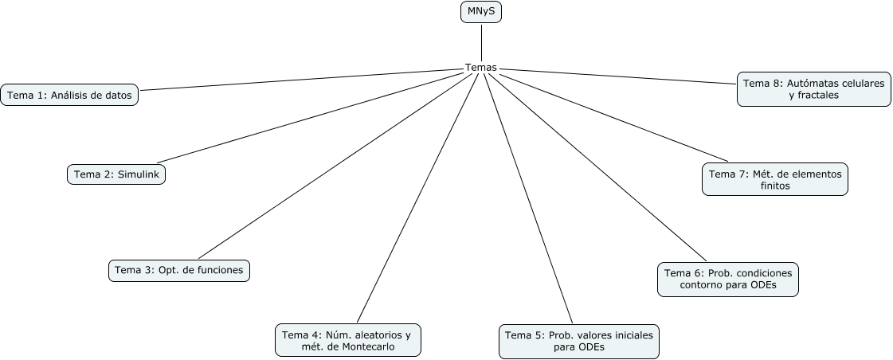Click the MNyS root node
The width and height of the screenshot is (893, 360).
(481, 13)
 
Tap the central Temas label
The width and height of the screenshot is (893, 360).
(481, 68)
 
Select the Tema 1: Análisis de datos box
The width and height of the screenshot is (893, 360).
(69, 95)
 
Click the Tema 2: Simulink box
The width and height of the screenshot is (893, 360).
(116, 174)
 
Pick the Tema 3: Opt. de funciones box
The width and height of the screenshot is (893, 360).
(179, 270)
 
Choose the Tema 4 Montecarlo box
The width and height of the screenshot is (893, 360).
(347, 340)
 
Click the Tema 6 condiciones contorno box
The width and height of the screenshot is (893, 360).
(728, 279)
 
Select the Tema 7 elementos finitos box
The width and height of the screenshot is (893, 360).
(774, 179)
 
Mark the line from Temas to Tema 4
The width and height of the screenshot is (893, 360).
(418, 195)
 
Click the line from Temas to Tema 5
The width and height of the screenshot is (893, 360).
(527, 195)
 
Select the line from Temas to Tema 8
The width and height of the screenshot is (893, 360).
(621, 75)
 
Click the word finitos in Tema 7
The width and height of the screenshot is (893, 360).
(775, 186)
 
